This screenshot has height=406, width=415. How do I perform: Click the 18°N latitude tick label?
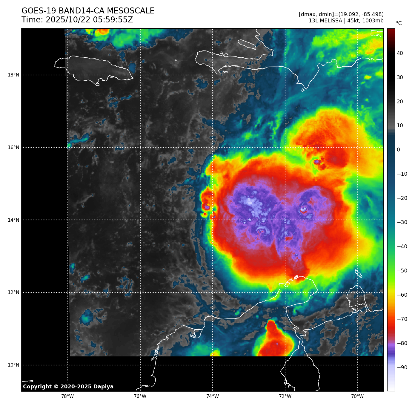pyautogui.click(x=13, y=75)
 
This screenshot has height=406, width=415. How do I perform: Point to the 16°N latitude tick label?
pyautogui.click(x=13, y=148)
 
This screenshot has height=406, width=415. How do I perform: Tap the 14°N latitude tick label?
pyautogui.click(x=13, y=220)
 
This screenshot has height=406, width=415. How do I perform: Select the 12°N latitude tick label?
pyautogui.click(x=13, y=292)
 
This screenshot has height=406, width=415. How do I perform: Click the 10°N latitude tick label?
pyautogui.click(x=13, y=365)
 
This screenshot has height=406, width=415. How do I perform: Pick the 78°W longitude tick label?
pyautogui.click(x=67, y=396)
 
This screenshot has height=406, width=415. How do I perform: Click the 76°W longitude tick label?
pyautogui.click(x=140, y=396)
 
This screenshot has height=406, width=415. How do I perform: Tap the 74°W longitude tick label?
pyautogui.click(x=213, y=396)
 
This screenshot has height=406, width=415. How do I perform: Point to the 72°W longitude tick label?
pyautogui.click(x=285, y=396)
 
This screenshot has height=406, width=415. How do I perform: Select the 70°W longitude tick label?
pyautogui.click(x=357, y=396)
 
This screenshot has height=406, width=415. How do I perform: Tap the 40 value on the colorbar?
pyautogui.click(x=400, y=53)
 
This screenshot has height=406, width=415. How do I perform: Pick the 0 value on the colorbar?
pyautogui.click(x=398, y=150)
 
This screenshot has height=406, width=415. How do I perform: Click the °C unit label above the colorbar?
pyautogui.click(x=399, y=23)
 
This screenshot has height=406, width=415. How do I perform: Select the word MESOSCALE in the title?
pyautogui.click(x=130, y=11)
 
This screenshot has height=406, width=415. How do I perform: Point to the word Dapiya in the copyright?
pyautogui.click(x=103, y=387)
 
